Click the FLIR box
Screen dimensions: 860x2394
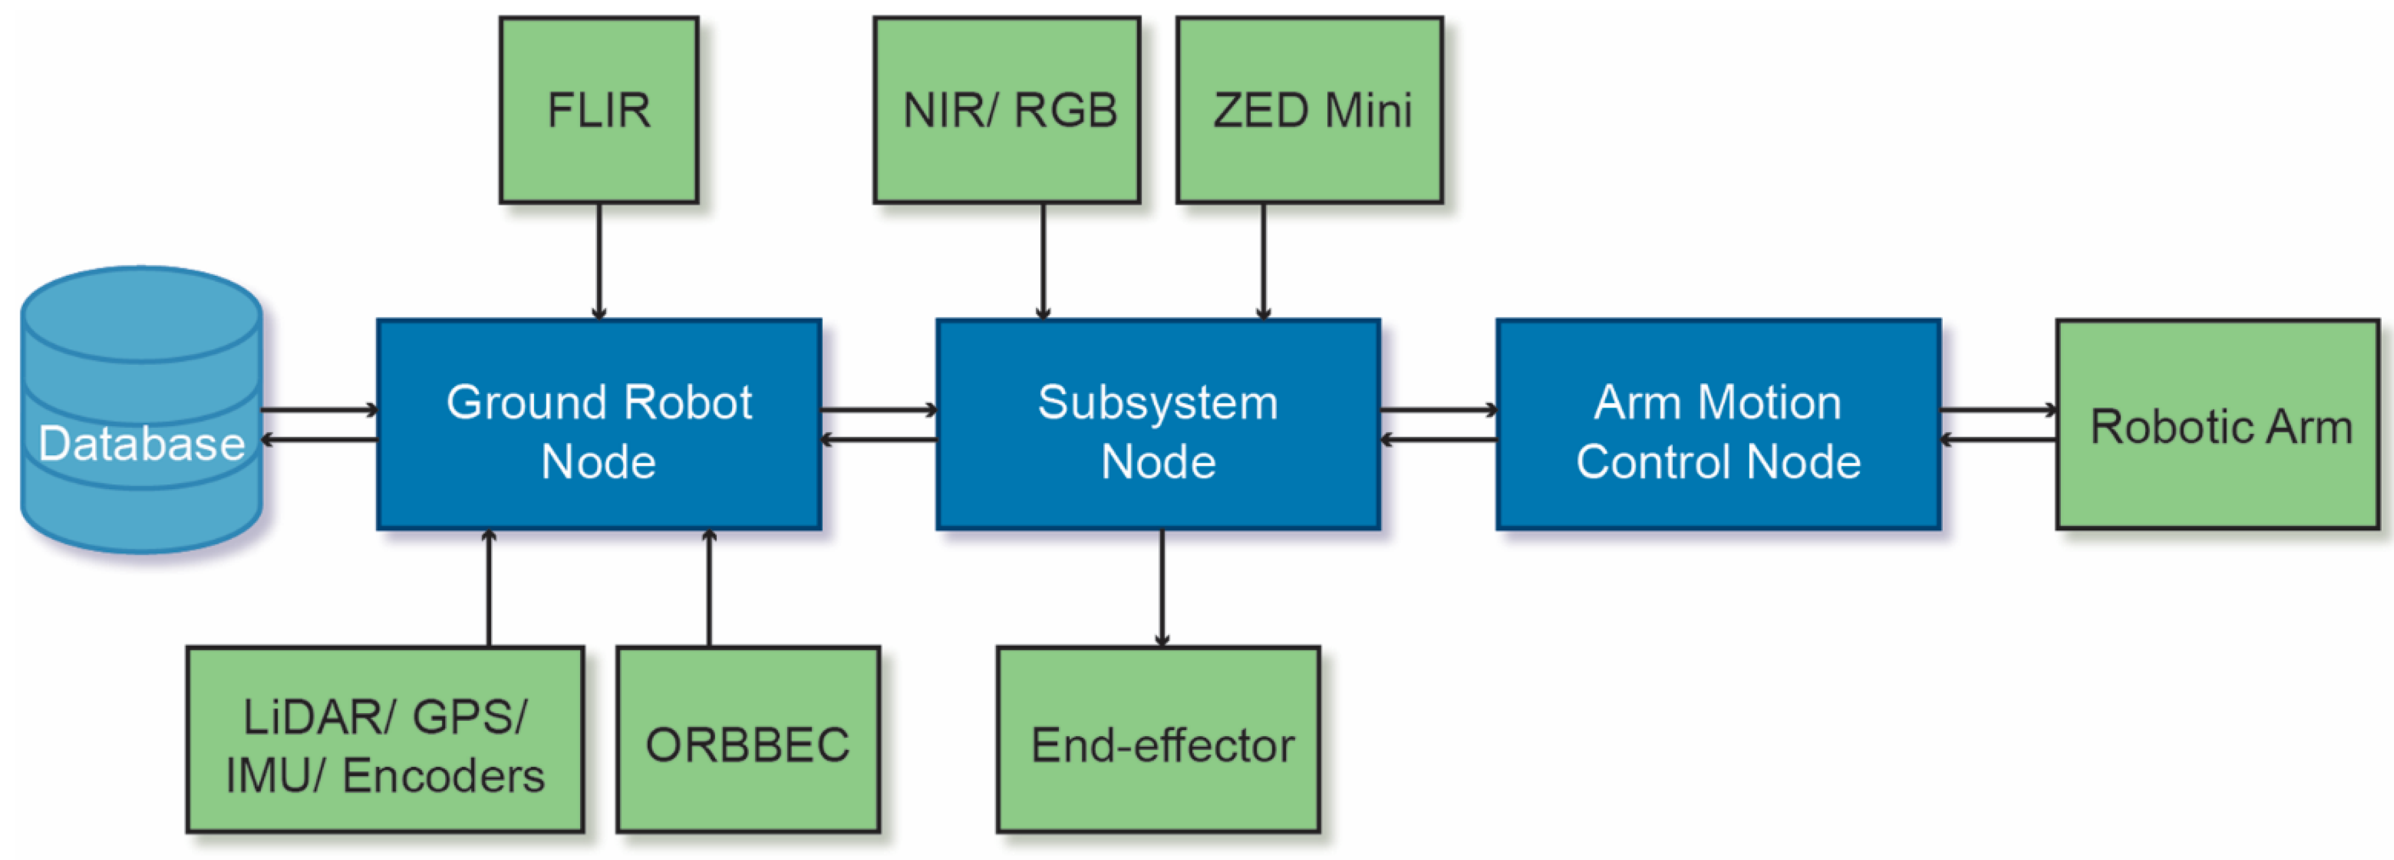(x=599, y=110)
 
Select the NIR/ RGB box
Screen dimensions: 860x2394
(x=1007, y=110)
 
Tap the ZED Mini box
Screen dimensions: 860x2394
(x=1309, y=110)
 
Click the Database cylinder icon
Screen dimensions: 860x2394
(x=141, y=409)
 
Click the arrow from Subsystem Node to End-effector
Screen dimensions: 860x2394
(x=1162, y=588)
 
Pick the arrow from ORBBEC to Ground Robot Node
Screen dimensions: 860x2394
(x=709, y=588)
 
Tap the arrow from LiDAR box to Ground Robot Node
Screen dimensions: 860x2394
(x=489, y=588)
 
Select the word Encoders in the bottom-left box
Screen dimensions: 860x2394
(x=443, y=776)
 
